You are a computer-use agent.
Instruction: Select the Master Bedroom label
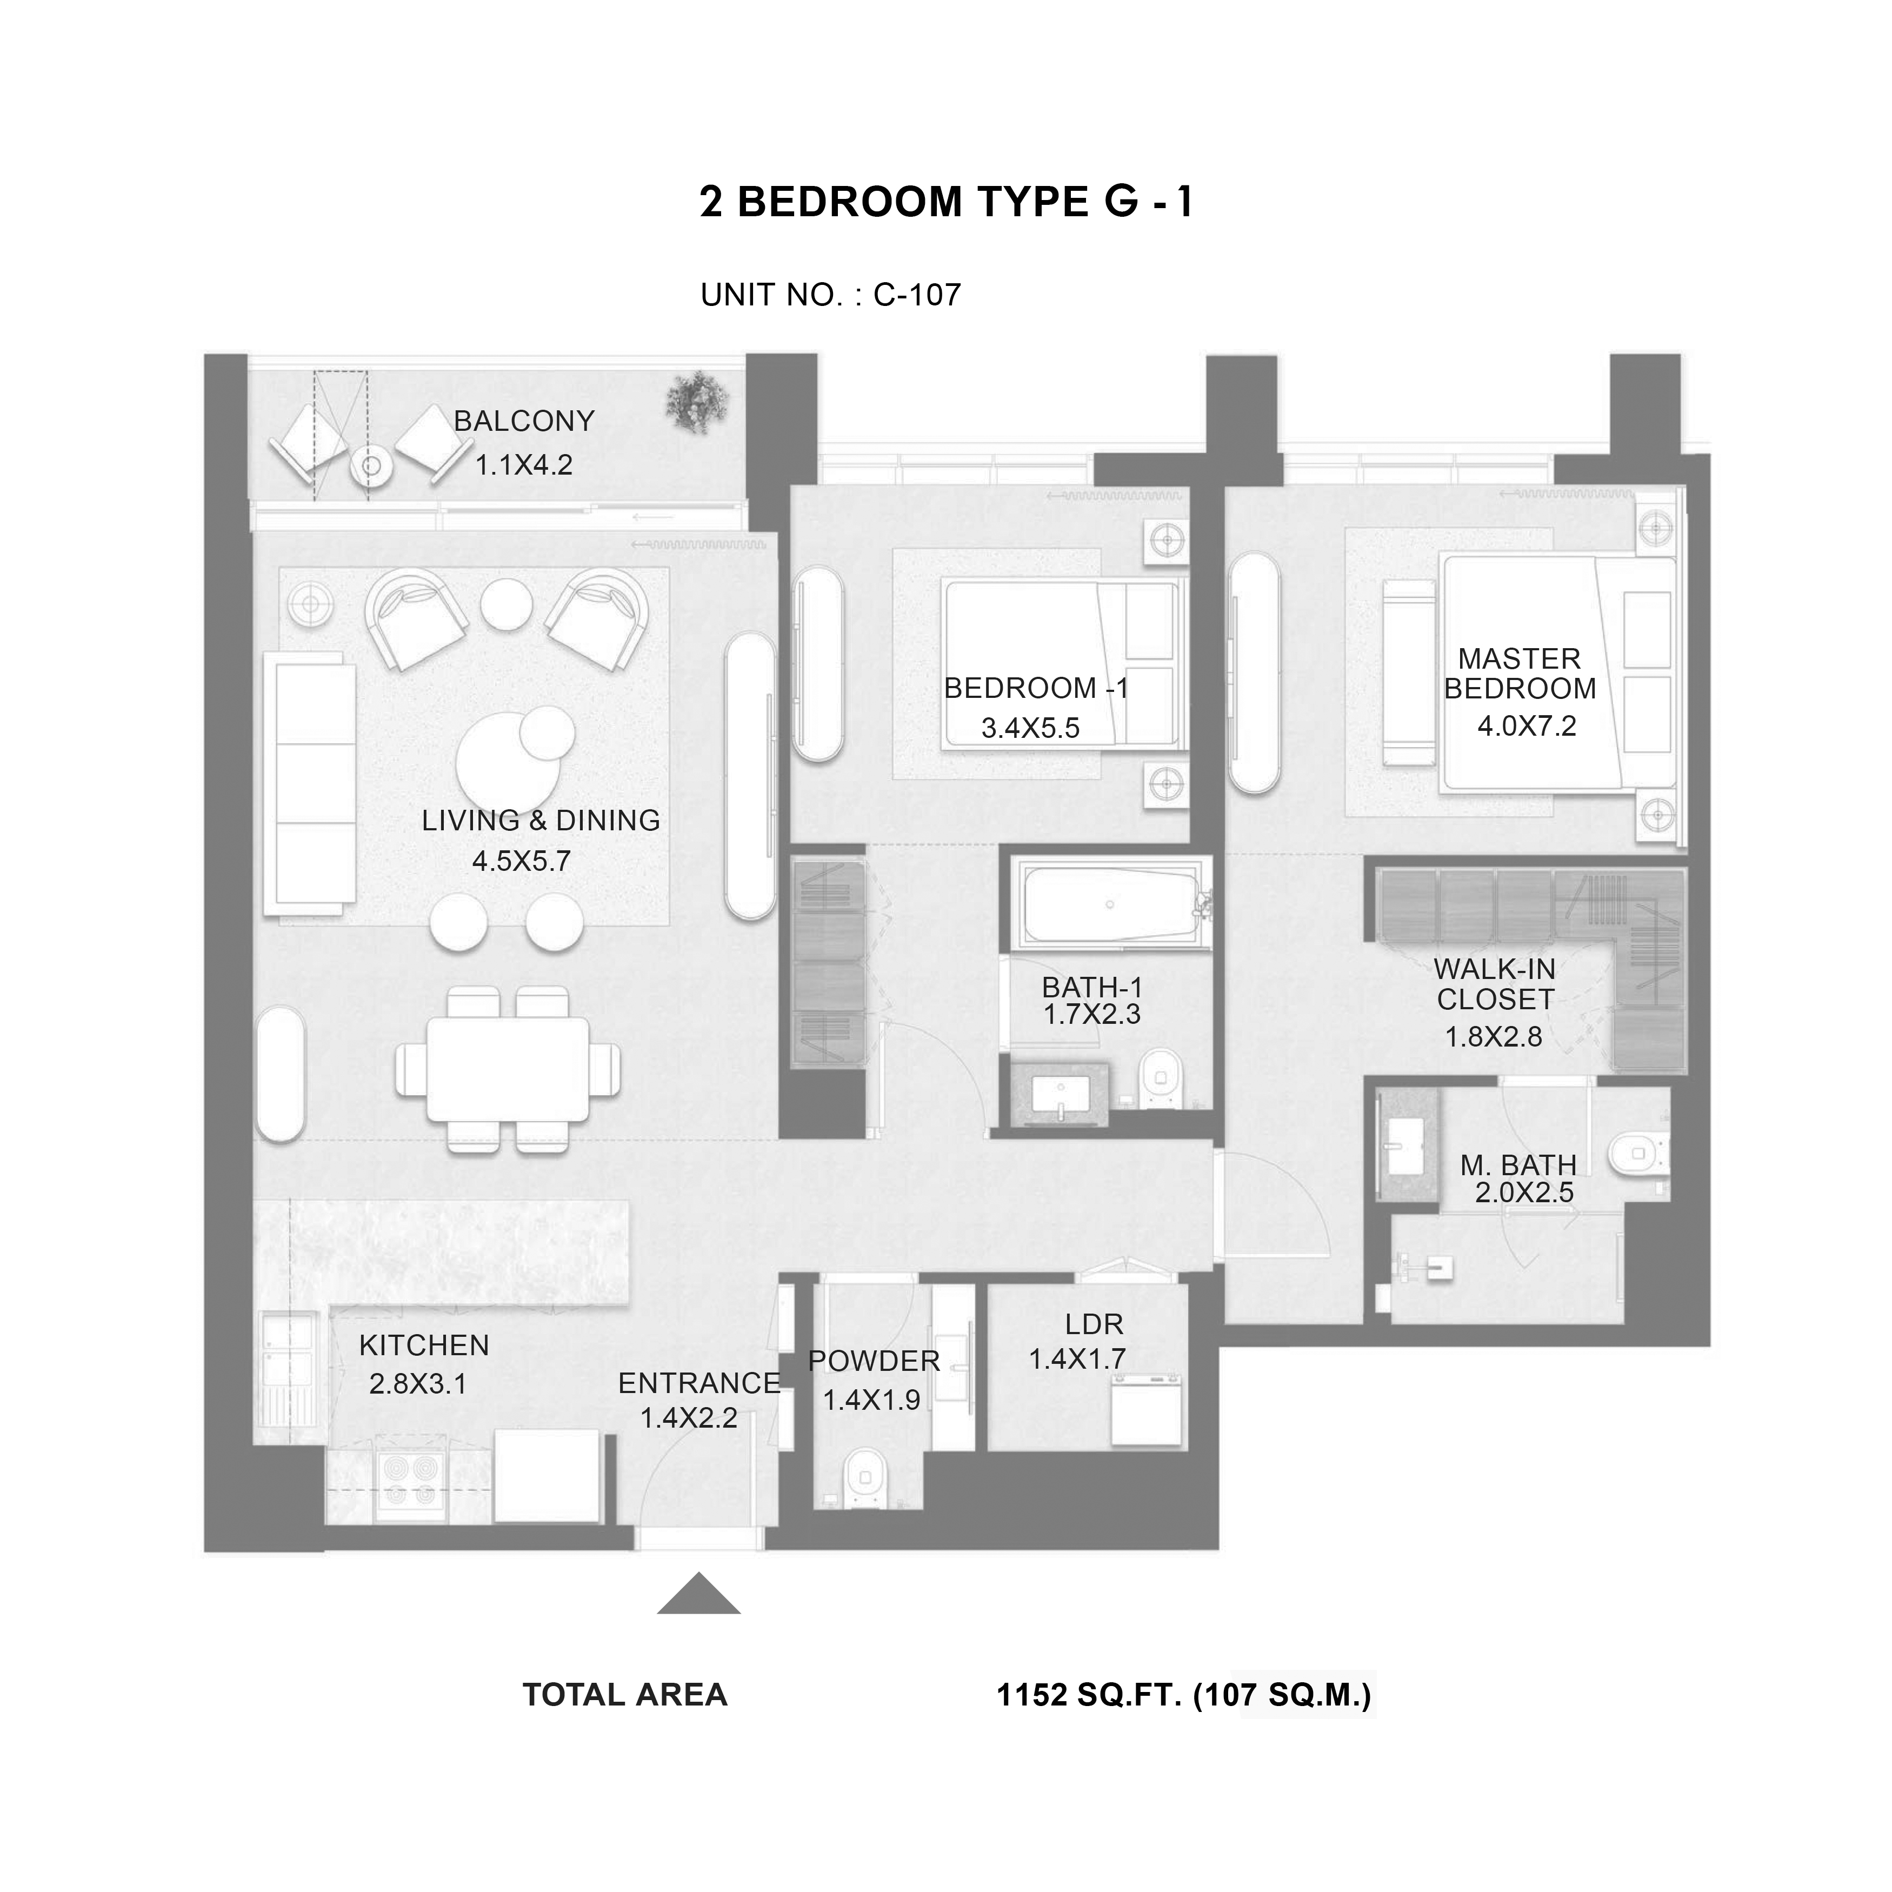pos(1520,674)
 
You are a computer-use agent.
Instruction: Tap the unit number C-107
pos(917,295)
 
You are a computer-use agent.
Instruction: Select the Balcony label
pos(524,421)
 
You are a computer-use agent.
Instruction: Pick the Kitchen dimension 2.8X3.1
pos(418,1385)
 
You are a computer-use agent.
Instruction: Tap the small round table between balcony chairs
pos(371,466)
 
